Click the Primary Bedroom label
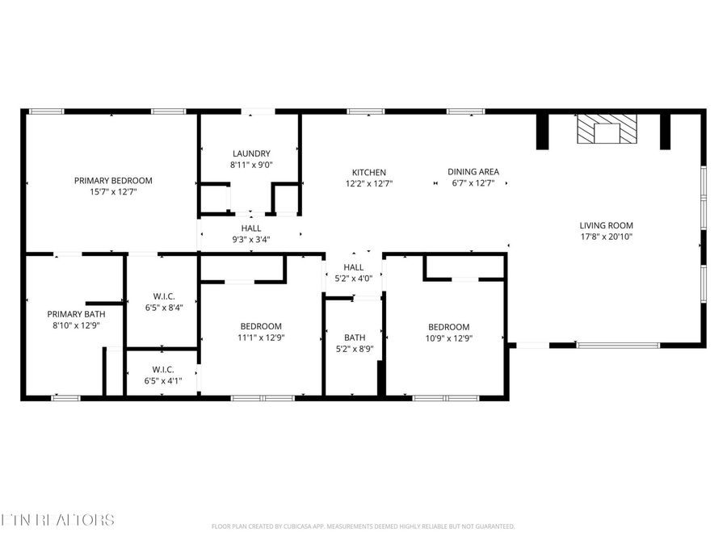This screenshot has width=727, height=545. [x=113, y=181]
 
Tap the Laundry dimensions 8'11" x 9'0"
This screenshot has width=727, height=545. [x=251, y=165]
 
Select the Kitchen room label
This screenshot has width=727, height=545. [x=368, y=172]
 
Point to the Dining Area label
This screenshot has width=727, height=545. [x=473, y=172]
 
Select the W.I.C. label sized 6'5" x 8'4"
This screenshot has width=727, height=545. [x=163, y=296]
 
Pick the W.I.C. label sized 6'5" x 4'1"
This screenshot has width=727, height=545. [x=163, y=369]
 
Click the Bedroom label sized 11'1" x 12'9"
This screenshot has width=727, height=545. [x=260, y=326]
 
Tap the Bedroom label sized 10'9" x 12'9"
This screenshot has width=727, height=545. [x=448, y=327]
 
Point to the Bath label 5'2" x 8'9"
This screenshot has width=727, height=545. [x=355, y=337]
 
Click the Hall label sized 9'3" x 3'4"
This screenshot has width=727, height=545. [x=250, y=228]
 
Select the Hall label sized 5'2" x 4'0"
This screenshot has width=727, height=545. [x=353, y=267]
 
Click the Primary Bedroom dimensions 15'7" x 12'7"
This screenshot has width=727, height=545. [x=113, y=191]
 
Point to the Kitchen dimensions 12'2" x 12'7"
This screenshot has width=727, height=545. [x=368, y=183]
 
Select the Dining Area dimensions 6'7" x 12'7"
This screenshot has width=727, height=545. [x=473, y=183]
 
